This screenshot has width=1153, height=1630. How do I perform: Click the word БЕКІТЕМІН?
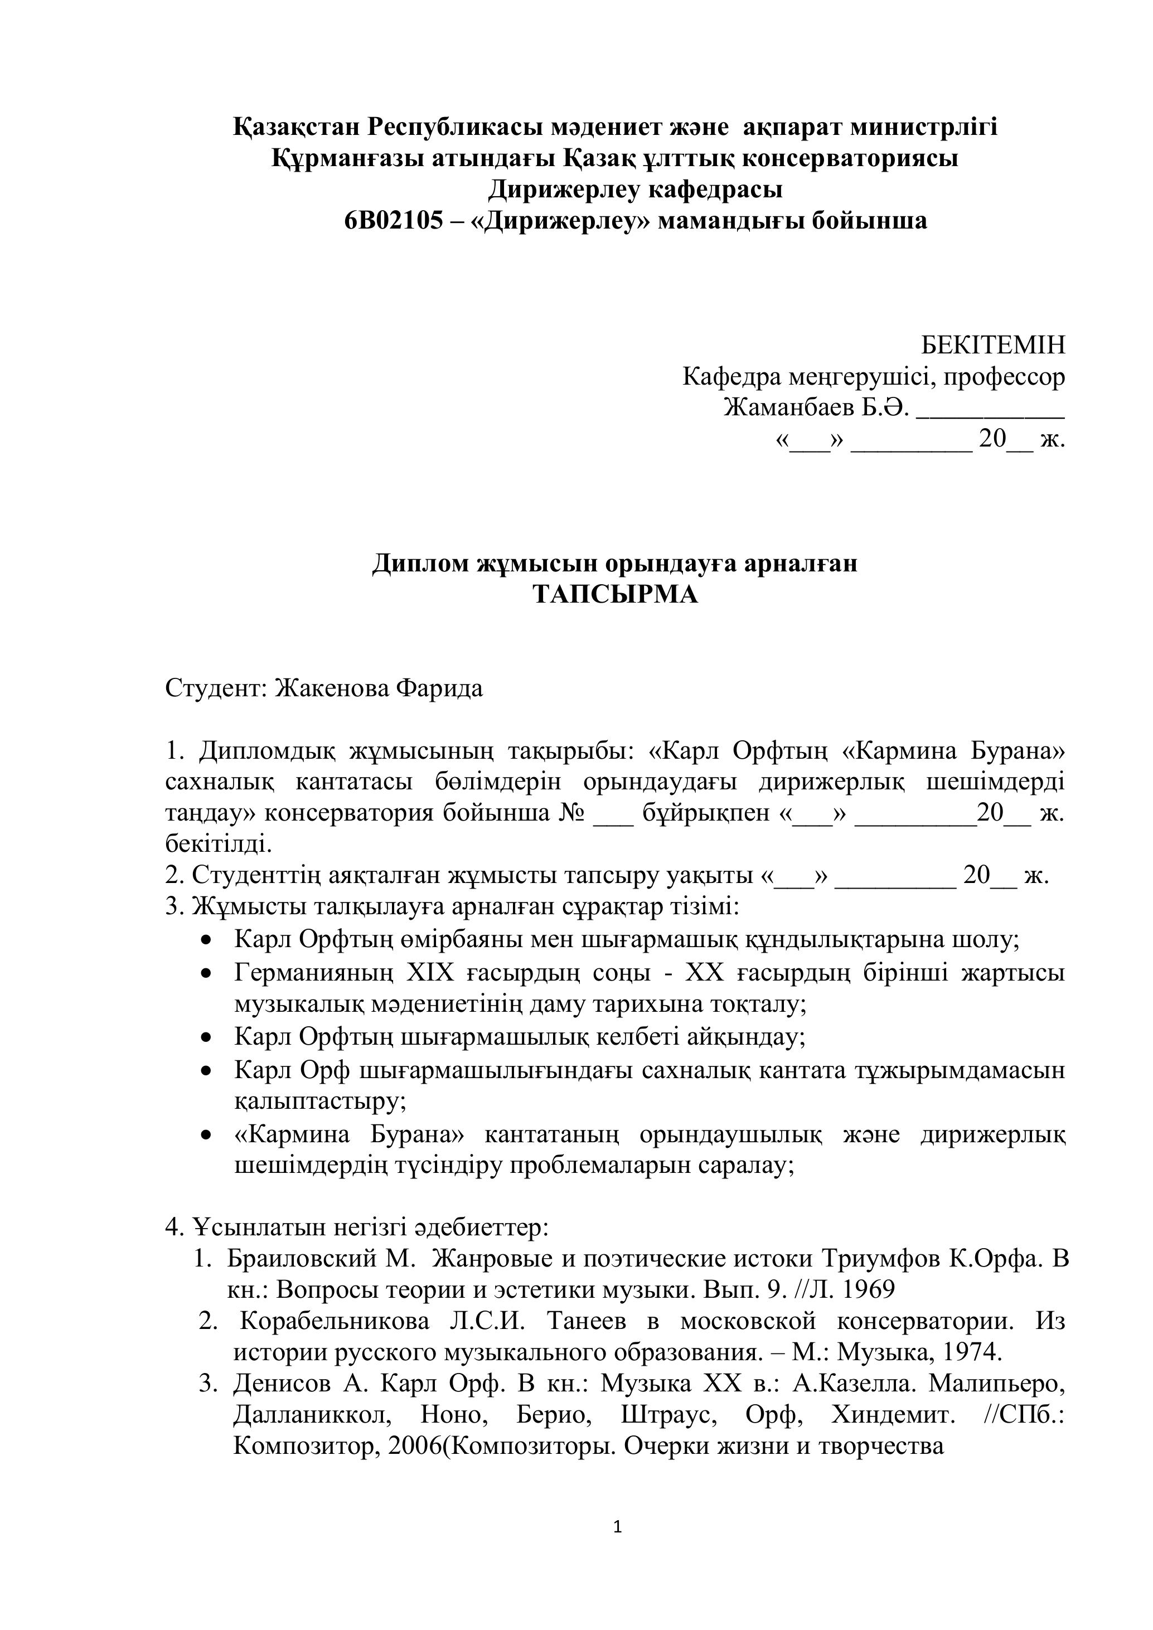pos(992,345)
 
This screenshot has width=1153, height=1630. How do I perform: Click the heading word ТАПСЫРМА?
pos(615,594)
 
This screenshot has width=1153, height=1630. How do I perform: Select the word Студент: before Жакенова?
pos(216,688)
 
